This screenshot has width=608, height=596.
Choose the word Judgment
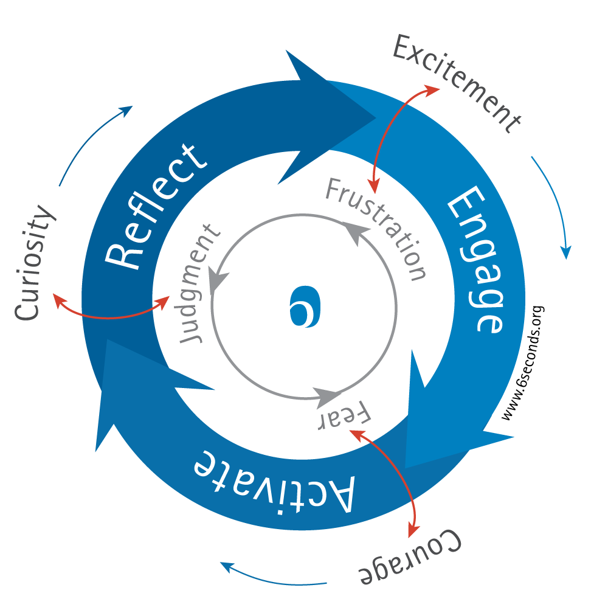point(199,283)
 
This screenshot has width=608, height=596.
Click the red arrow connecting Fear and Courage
point(395,474)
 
